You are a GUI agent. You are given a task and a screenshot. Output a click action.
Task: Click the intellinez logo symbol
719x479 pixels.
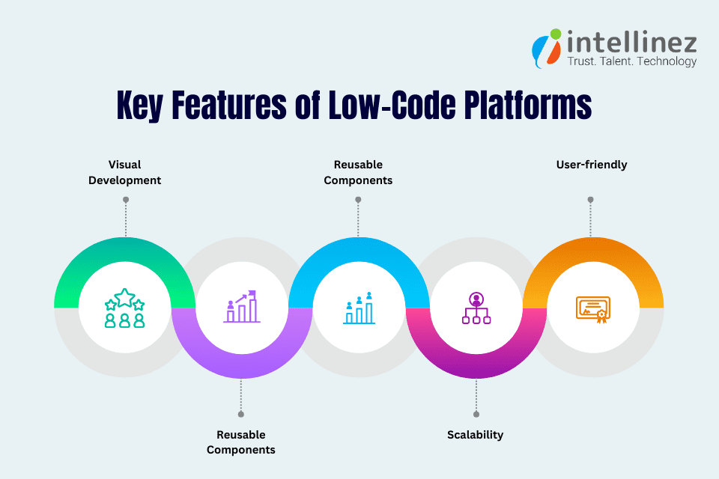click(546, 49)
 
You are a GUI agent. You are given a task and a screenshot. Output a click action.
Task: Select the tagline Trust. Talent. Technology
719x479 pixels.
click(631, 61)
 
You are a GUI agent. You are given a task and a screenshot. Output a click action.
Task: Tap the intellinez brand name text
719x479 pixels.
click(631, 40)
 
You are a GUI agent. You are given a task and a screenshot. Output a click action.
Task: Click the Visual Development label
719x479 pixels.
click(125, 172)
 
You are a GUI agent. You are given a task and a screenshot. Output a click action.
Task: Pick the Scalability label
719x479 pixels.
click(475, 435)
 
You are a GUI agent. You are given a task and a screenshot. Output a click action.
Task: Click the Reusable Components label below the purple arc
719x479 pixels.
click(241, 442)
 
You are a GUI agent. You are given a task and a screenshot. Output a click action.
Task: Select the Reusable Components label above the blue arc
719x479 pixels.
click(358, 172)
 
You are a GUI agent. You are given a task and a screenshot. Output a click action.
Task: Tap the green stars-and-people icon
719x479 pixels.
click(125, 308)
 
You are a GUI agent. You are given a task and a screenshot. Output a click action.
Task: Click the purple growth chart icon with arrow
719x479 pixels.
click(242, 307)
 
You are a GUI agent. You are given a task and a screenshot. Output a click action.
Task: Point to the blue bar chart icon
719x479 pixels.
click(359, 308)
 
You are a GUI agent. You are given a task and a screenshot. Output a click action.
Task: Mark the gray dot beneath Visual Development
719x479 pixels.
click(126, 200)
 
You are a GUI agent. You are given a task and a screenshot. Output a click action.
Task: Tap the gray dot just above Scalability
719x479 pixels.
click(476, 414)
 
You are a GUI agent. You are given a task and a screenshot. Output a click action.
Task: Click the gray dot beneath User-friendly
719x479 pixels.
click(591, 200)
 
